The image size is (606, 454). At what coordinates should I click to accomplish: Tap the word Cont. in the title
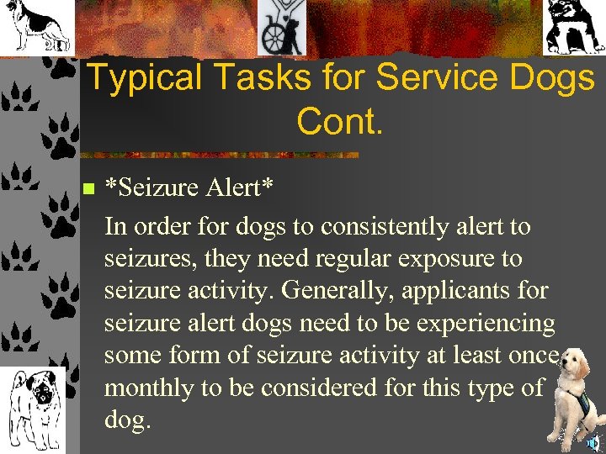point(340,122)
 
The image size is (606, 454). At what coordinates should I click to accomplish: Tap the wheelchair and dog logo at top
point(282,28)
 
